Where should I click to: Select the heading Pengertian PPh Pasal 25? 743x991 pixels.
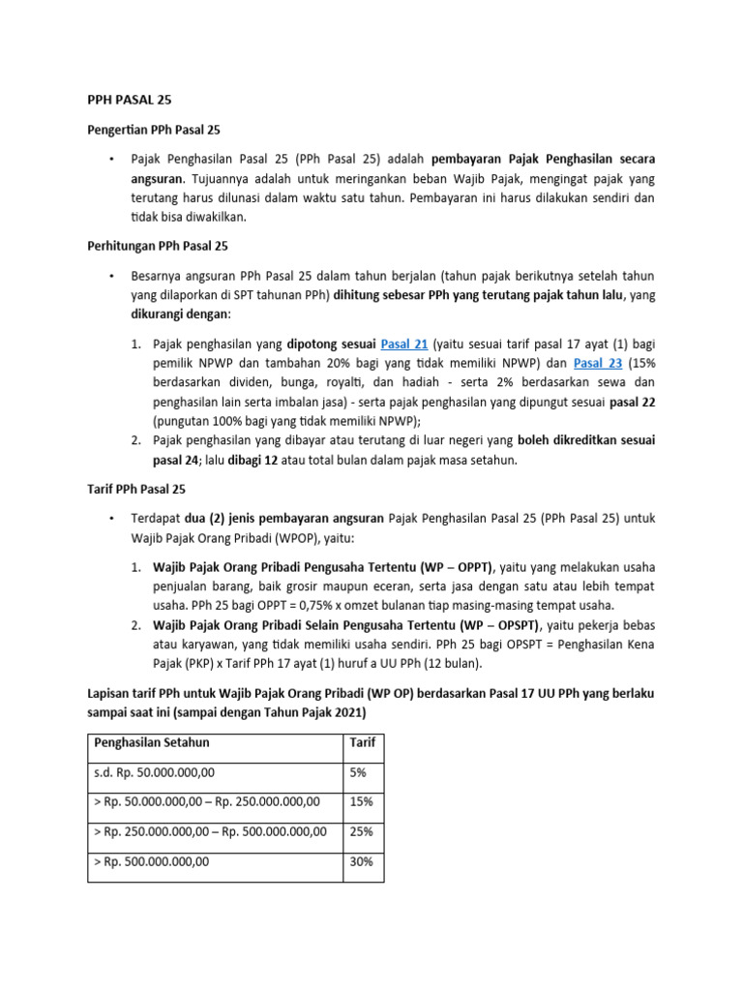151,129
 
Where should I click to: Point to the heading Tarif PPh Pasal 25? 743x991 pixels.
131,491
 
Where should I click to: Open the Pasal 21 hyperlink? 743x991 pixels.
406,344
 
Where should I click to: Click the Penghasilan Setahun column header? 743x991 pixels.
151,742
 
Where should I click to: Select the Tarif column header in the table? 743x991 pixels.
363,742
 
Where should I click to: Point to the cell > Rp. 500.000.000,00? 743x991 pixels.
151,861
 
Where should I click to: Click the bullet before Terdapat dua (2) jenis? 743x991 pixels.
112,518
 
